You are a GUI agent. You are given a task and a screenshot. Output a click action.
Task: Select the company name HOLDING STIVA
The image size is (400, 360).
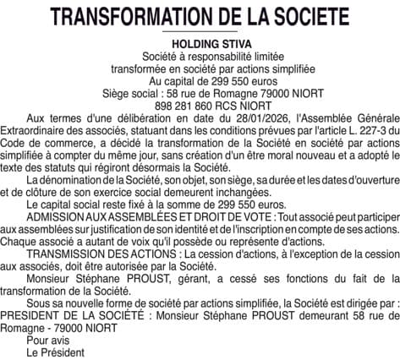click(x=200, y=43)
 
